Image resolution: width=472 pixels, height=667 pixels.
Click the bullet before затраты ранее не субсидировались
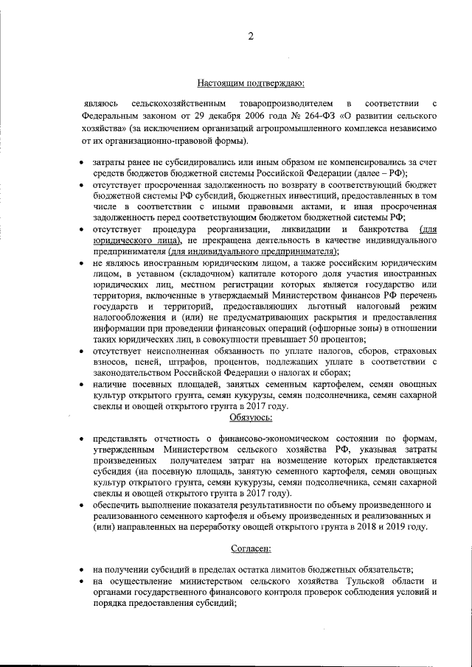coord(81,161)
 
